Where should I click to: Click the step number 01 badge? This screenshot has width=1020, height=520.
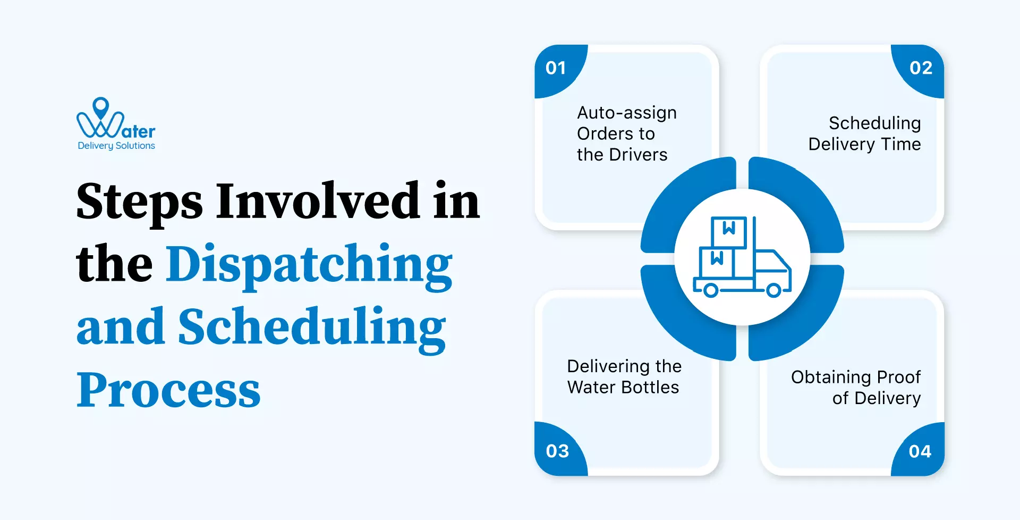pyautogui.click(x=556, y=68)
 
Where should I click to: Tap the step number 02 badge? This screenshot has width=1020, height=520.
pyautogui.click(x=921, y=68)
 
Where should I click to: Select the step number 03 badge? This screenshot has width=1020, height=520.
pyautogui.click(x=557, y=451)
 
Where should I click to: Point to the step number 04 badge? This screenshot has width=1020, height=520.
pyautogui.click(x=920, y=451)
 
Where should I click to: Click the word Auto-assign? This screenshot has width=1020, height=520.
pyautogui.click(x=627, y=113)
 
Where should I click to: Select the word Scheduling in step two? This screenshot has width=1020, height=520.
pyautogui.click(x=874, y=123)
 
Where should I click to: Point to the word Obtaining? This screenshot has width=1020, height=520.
pyautogui.click(x=831, y=377)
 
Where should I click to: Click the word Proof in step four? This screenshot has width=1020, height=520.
pyautogui.click(x=899, y=377)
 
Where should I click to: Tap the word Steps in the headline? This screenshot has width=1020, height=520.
pyautogui.click(x=139, y=202)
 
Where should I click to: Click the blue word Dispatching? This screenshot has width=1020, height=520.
pyautogui.click(x=309, y=265)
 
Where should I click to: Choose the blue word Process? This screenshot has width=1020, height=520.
pyautogui.click(x=168, y=390)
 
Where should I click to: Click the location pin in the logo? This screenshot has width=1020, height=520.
pyautogui.click(x=101, y=107)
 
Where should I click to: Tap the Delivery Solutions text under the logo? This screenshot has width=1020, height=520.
pyautogui.click(x=116, y=146)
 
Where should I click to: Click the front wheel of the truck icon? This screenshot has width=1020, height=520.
pyautogui.click(x=773, y=290)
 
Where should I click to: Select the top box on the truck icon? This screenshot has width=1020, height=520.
pyautogui.click(x=729, y=232)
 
